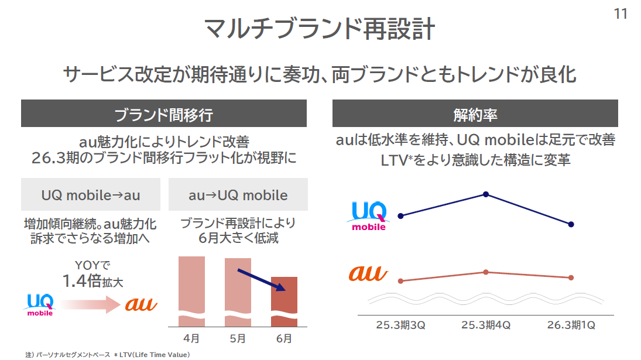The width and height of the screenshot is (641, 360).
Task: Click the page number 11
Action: (x=621, y=13)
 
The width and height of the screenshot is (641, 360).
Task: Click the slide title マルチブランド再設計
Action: (x=320, y=29)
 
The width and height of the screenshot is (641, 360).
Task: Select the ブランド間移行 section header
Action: (x=163, y=114)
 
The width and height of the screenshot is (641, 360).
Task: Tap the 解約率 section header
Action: (x=475, y=114)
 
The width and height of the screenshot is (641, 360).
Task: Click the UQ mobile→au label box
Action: (x=91, y=195)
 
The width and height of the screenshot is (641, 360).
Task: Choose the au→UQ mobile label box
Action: (x=238, y=195)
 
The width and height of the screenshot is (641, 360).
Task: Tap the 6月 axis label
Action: (x=284, y=338)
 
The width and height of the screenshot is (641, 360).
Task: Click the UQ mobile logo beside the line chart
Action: (x=369, y=216)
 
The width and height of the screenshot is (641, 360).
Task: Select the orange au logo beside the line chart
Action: (x=368, y=273)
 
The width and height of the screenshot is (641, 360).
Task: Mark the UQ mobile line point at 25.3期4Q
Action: (x=486, y=194)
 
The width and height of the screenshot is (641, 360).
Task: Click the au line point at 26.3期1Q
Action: (x=571, y=277)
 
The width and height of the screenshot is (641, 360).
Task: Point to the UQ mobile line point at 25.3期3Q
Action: (x=400, y=216)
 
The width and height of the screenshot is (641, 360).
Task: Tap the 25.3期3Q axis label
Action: (x=400, y=325)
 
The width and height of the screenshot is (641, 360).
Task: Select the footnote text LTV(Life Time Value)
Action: (x=159, y=355)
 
